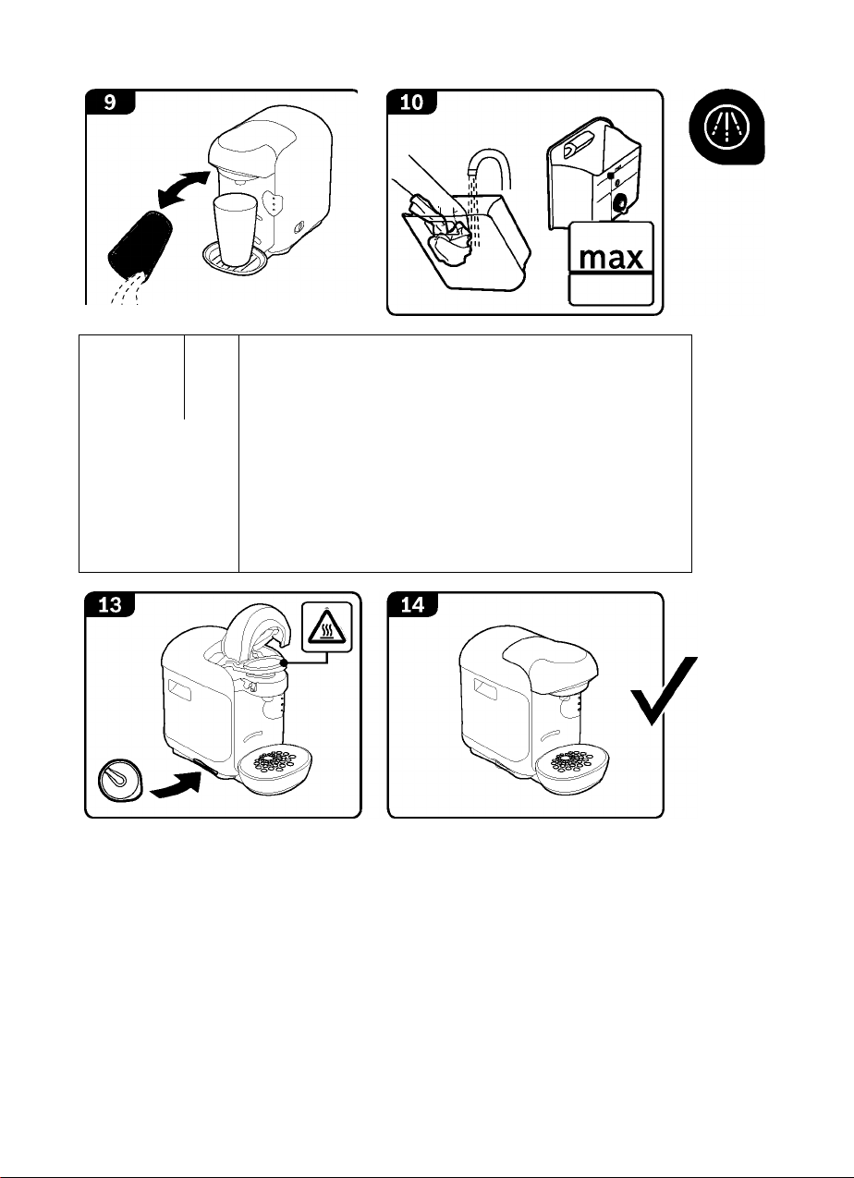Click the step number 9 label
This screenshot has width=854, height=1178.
pos(110,102)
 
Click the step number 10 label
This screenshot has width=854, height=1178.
pos(412,102)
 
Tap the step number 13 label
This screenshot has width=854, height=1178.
pos(110,604)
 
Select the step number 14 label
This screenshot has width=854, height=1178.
pos(412,604)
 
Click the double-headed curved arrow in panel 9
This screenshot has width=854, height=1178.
pos(181,190)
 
